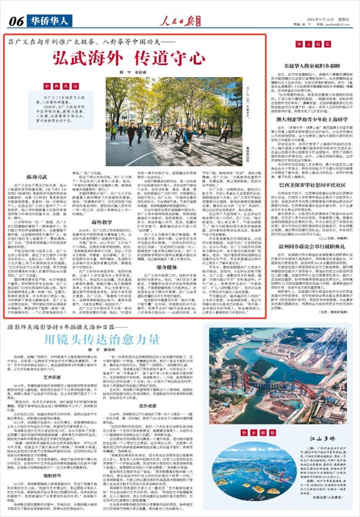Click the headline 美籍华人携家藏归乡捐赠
pos(309,65)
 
